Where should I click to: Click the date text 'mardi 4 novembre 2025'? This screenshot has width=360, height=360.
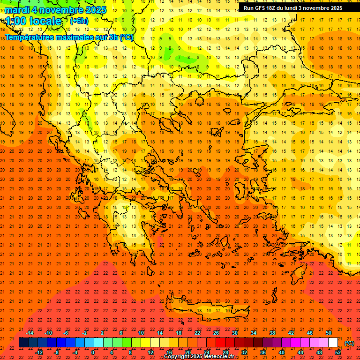pyautogui.click(x=55, y=10)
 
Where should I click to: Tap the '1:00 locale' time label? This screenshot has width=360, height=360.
pyautogui.click(x=33, y=21)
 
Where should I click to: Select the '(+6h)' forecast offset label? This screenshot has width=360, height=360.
pyautogui.click(x=79, y=21)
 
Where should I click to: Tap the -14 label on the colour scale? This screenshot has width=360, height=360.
pyautogui.click(x=30, y=333)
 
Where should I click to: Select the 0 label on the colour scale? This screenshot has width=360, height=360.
pyautogui.click(x=93, y=352)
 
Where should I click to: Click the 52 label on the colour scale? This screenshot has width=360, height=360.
pyautogui.click(x=338, y=352)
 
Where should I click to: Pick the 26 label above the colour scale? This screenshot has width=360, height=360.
pyautogui.click(x=216, y=333)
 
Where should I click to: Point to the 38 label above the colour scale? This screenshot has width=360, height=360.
pyautogui.click(x=272, y=333)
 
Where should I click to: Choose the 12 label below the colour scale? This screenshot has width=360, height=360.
pyautogui.click(x=150, y=352)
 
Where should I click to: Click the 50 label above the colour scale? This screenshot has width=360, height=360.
pyautogui.click(x=329, y=333)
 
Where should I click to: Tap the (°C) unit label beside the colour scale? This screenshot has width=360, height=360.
pyautogui.click(x=349, y=343)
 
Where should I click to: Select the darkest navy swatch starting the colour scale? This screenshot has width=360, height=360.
pyautogui.click(x=23, y=343)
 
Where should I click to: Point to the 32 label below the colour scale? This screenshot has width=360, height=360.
pyautogui.click(x=244, y=352)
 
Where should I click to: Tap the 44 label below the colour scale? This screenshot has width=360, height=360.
pyautogui.click(x=300, y=352)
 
